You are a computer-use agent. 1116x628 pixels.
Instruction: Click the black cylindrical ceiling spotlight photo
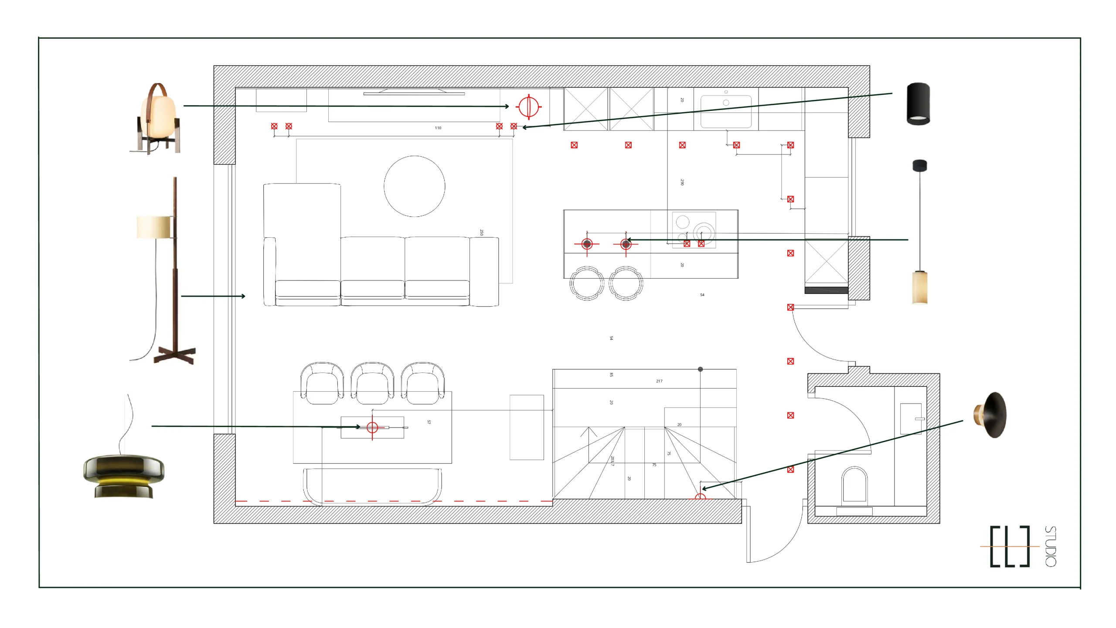[x=918, y=103]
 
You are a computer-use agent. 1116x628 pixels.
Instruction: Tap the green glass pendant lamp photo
[x=124, y=475]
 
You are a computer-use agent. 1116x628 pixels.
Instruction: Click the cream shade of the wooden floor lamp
[x=154, y=227]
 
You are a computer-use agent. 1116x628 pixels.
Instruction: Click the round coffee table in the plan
[x=414, y=186]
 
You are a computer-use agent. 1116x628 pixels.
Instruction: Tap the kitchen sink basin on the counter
[x=726, y=111]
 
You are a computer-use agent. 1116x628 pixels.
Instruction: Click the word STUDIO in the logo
[x=1051, y=546]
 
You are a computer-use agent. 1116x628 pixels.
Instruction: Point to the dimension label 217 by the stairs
[x=659, y=381]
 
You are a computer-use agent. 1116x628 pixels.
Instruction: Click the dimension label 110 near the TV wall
[x=438, y=128]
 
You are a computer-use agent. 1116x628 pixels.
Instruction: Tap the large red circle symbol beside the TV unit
[x=529, y=106]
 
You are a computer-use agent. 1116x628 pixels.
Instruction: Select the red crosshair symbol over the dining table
[x=372, y=427]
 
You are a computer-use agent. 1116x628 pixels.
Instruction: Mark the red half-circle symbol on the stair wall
[x=700, y=497]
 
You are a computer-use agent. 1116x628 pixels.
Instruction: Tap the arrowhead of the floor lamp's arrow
[x=243, y=296]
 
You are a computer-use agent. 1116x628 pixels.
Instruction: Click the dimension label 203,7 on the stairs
[x=612, y=461]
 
